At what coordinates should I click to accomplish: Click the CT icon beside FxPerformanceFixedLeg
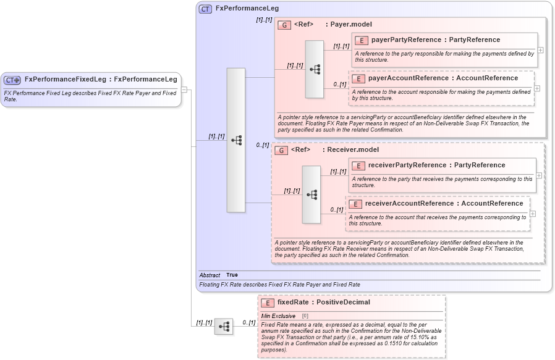[x=12, y=80]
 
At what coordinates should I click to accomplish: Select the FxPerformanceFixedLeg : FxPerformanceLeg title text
[x=100, y=79]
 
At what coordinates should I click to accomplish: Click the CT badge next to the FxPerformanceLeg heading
[x=205, y=9]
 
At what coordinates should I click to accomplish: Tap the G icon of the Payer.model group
[x=284, y=25]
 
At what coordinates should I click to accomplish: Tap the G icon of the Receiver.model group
[x=281, y=150]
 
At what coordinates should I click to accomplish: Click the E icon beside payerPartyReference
[x=361, y=40]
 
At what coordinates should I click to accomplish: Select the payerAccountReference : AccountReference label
[x=443, y=78]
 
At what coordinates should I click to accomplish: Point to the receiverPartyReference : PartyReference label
[x=436, y=165]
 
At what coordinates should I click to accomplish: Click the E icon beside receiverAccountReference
[x=355, y=204]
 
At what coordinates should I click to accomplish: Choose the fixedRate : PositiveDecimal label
[x=323, y=303]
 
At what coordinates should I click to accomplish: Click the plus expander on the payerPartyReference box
[x=541, y=50]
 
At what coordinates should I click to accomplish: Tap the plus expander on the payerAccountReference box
[x=536, y=88]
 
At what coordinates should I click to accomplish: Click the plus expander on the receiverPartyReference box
[x=539, y=175]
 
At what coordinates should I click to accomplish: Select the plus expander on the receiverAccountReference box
[x=533, y=214]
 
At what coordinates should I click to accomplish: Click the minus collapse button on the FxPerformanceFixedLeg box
[x=184, y=90]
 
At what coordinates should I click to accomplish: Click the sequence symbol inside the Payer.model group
[x=315, y=69]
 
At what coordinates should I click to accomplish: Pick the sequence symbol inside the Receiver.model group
[x=311, y=195]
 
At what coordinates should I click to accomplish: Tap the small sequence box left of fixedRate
[x=224, y=326]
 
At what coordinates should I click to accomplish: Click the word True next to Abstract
[x=232, y=275]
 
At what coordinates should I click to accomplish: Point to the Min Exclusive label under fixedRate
[x=278, y=316]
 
